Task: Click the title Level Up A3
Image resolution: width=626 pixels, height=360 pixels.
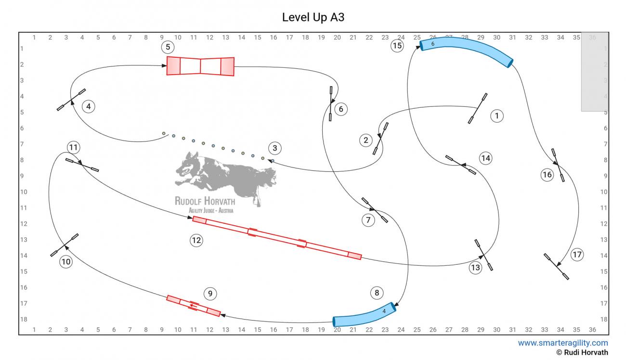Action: coord(313,17)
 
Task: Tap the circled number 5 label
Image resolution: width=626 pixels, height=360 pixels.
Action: coord(168,47)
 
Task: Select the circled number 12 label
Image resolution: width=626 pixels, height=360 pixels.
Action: coord(196,240)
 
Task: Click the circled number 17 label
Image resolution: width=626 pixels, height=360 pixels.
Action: coord(577,255)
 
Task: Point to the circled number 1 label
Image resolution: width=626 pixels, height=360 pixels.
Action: coord(497,116)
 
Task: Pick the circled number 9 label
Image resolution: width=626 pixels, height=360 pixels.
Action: coord(210,294)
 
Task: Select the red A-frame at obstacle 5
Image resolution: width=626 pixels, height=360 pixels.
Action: coord(200,66)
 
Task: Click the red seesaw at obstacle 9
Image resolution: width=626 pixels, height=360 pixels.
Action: coord(194,306)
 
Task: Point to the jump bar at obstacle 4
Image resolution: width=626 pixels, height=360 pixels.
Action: coord(71,100)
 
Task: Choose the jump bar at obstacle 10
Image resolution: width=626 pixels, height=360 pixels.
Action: coord(64,245)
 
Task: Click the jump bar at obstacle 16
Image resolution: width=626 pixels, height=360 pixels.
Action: coord(558,165)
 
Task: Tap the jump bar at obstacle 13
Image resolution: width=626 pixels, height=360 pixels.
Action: coord(483,255)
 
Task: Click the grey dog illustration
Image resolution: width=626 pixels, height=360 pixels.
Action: coord(225,176)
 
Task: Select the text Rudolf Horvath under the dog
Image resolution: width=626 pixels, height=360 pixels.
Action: coord(205,201)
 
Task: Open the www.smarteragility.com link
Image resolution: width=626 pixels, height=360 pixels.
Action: coord(563,343)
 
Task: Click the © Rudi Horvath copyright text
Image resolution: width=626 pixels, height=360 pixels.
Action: coord(582,352)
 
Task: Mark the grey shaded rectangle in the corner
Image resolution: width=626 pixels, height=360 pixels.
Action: coord(595,72)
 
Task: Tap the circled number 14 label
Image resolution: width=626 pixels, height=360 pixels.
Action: coord(486,158)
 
